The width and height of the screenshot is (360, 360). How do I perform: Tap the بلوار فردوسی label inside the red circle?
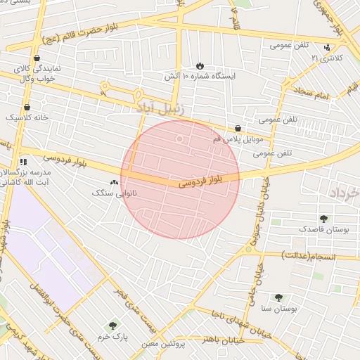pyautogui.click(x=200, y=181)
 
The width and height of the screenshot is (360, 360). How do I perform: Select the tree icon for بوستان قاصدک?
pyautogui.click(x=323, y=219)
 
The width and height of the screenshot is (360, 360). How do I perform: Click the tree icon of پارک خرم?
pyautogui.click(x=112, y=326)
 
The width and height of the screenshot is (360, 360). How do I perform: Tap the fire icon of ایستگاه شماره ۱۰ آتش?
pyautogui.click(x=200, y=65)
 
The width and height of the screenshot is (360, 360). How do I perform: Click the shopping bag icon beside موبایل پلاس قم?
pyautogui.click(x=238, y=129)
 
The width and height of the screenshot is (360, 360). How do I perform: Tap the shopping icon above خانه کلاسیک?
pyautogui.click(x=27, y=107)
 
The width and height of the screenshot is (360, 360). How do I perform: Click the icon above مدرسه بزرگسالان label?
pyautogui.click(x=23, y=162)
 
